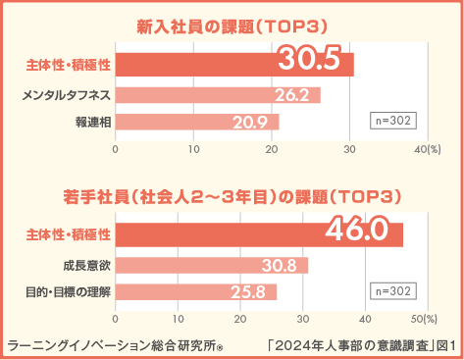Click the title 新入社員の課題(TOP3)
(232, 25)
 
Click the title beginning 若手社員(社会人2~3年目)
(232, 195)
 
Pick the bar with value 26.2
(218, 95)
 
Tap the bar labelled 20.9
(197, 122)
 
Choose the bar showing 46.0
(259, 234)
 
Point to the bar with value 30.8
(212, 266)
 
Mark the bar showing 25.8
(196, 291)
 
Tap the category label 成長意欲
(86, 266)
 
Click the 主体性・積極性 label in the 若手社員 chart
(67, 234)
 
